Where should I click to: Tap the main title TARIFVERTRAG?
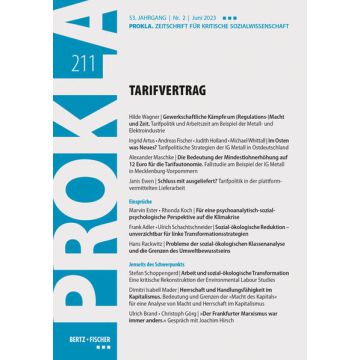[165, 65]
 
